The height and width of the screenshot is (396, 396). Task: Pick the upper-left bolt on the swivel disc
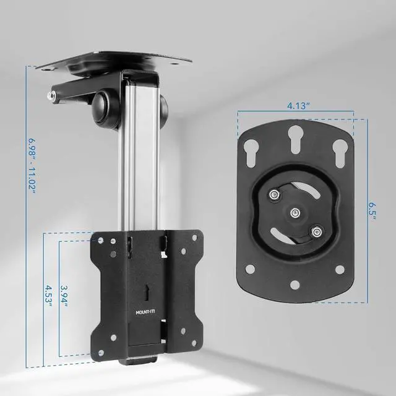pos(273,194)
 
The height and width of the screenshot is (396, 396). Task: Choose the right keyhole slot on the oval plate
pos(338,151)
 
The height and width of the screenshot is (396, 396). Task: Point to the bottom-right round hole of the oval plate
pos(340,269)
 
